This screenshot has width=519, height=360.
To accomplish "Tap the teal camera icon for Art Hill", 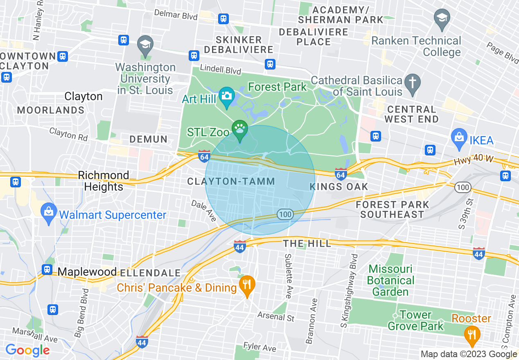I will coord(226,96).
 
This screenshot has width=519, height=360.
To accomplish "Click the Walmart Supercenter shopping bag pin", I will coord(49,212).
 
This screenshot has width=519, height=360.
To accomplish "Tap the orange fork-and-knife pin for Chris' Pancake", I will coord(246,284).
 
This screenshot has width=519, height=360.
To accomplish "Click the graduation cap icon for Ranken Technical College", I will coord(442,18).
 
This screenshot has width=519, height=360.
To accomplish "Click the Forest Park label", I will coord(277,87).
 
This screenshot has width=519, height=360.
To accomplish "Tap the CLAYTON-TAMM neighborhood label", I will coord(231,182).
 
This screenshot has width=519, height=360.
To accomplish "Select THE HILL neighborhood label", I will coord(307,244).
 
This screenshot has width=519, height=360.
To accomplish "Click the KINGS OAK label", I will coord(339,187).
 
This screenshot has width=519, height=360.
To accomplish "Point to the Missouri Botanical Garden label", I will coord(390,281).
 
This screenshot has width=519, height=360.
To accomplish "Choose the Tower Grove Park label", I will coord(415,320).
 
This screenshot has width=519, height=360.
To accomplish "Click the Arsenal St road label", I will coord(276,316).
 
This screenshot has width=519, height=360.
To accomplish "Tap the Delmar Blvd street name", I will coord(176,15).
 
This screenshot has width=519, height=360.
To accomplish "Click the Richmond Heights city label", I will coord(103,181).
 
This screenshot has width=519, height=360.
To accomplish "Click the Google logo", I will coord(27,351).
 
